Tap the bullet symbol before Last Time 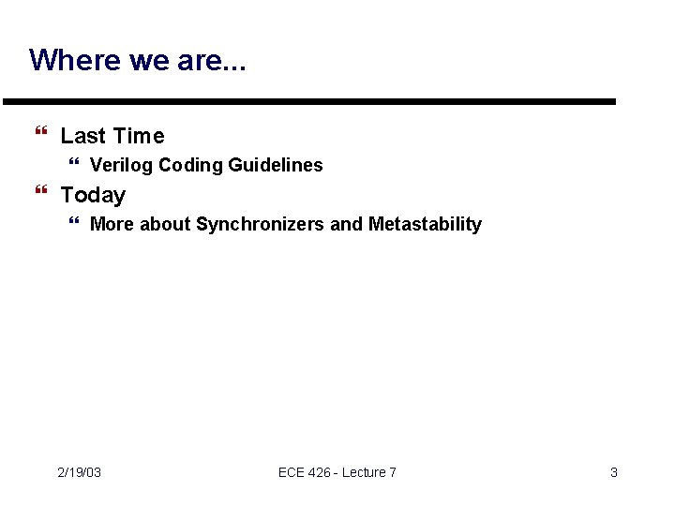coord(39,136)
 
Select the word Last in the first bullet coord(82,136)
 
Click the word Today coord(93,195)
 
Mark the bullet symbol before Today coord(39,195)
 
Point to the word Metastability coord(425,224)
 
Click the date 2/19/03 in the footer coord(79,472)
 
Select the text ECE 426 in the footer coord(305,472)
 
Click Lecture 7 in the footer coord(369,472)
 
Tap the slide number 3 coord(614,472)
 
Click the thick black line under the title coord(309,101)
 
